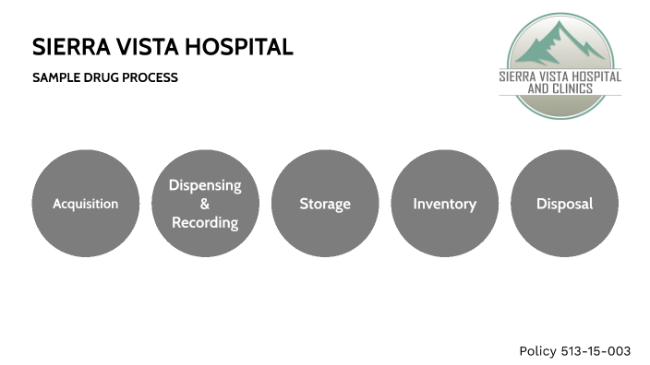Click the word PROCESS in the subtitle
pyautogui.click(x=151, y=78)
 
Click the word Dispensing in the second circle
pyautogui.click(x=205, y=185)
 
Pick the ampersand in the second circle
pyautogui.click(x=205, y=204)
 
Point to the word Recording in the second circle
pyautogui.click(x=205, y=223)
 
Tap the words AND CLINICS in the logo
pyautogui.click(x=560, y=88)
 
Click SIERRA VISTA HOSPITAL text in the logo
pyautogui.click(x=560, y=77)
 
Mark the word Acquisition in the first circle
pyautogui.click(x=86, y=204)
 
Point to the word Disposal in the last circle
pyautogui.click(x=564, y=204)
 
